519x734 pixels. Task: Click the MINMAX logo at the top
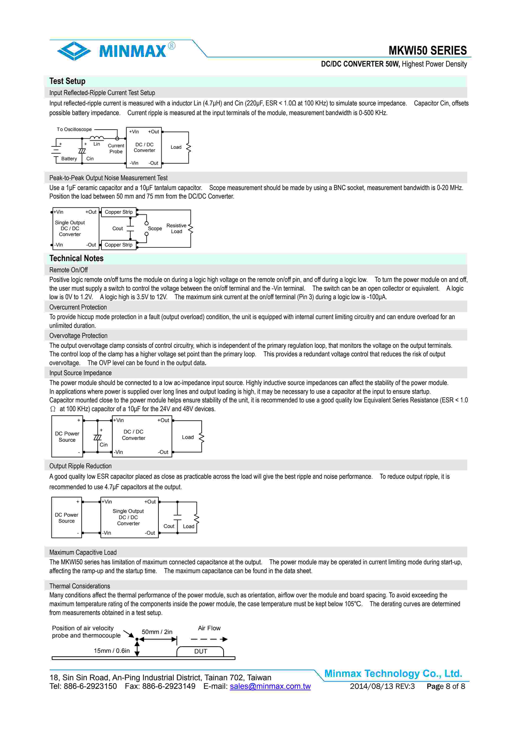(x=116, y=50)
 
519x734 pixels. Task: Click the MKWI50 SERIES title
(x=427, y=50)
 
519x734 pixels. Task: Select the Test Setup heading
(x=67, y=81)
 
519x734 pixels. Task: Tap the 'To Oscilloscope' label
(x=74, y=130)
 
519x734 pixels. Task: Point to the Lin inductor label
(x=97, y=144)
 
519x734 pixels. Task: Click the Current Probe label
(x=116, y=149)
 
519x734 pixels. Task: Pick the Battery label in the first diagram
(x=69, y=159)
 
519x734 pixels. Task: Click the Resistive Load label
(x=176, y=228)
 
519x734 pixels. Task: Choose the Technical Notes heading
(x=76, y=259)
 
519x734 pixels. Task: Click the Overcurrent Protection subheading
(x=78, y=307)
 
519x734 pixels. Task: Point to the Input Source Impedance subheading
(x=80, y=373)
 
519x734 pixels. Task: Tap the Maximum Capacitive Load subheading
(x=83, y=552)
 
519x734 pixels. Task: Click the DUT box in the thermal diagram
(x=201, y=652)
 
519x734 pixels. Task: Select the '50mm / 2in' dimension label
(x=157, y=632)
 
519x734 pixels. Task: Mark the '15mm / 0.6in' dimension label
(x=112, y=651)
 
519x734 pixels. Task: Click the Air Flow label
(x=209, y=628)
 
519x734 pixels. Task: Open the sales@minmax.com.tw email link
(x=270, y=686)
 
